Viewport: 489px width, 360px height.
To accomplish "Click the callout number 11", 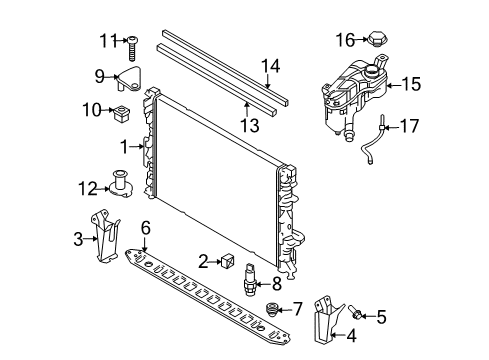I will (x=107, y=41).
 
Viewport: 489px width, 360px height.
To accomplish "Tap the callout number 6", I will (x=146, y=229).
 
